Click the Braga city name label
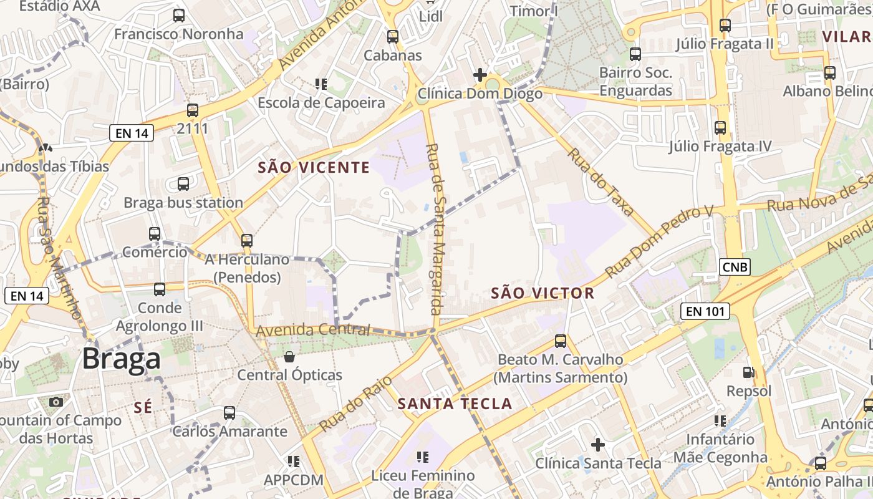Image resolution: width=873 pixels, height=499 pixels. click(x=121, y=359)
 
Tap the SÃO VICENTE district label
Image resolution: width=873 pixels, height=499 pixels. click(x=314, y=167)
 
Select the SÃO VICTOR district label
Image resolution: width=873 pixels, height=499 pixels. click(x=543, y=293)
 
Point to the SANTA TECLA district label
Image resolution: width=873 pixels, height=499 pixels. click(x=455, y=404)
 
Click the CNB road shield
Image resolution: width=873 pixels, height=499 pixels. click(x=734, y=268)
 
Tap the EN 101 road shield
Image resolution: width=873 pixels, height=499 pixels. click(x=705, y=311)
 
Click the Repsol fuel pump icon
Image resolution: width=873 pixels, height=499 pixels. click(x=748, y=372)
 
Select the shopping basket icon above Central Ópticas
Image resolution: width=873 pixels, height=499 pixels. click(x=289, y=357)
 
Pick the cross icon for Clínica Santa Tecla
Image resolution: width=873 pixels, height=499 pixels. click(x=598, y=445)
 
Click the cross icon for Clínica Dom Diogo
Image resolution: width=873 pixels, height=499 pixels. click(x=480, y=75)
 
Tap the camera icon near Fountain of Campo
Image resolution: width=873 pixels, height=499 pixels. click(x=56, y=402)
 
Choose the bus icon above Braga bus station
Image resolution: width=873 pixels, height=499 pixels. click(x=183, y=184)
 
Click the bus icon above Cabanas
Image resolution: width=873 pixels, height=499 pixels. click(x=392, y=37)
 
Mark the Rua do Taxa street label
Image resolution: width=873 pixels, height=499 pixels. click(x=600, y=182)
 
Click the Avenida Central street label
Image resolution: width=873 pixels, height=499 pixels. click(x=312, y=330)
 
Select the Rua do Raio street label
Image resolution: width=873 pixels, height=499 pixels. click(x=357, y=404)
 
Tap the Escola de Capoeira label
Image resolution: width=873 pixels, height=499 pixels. click(x=321, y=103)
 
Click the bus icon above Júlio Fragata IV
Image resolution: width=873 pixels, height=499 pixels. click(x=720, y=128)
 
